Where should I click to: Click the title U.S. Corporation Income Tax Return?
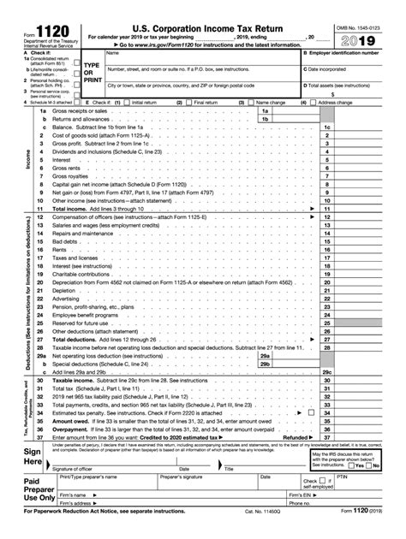203,11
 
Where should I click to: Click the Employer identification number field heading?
353,53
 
